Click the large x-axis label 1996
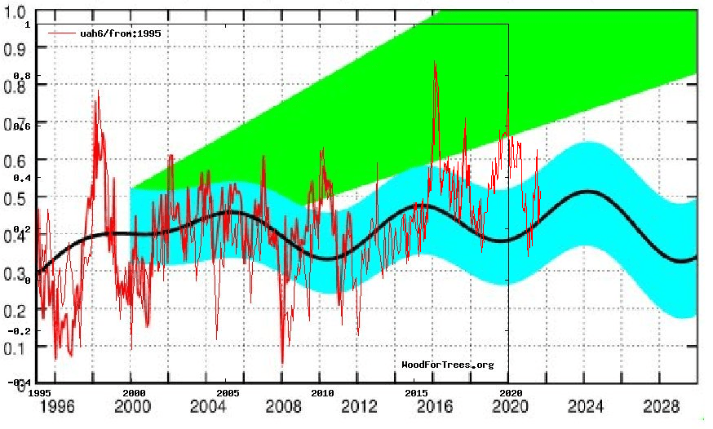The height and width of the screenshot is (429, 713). [58, 406]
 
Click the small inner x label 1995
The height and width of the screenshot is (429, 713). [38, 391]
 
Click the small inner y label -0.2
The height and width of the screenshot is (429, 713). [19, 330]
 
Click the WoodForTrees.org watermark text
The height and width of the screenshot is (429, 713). [447, 365]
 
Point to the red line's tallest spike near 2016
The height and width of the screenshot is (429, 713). [435, 62]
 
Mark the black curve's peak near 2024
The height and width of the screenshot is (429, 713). [587, 191]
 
